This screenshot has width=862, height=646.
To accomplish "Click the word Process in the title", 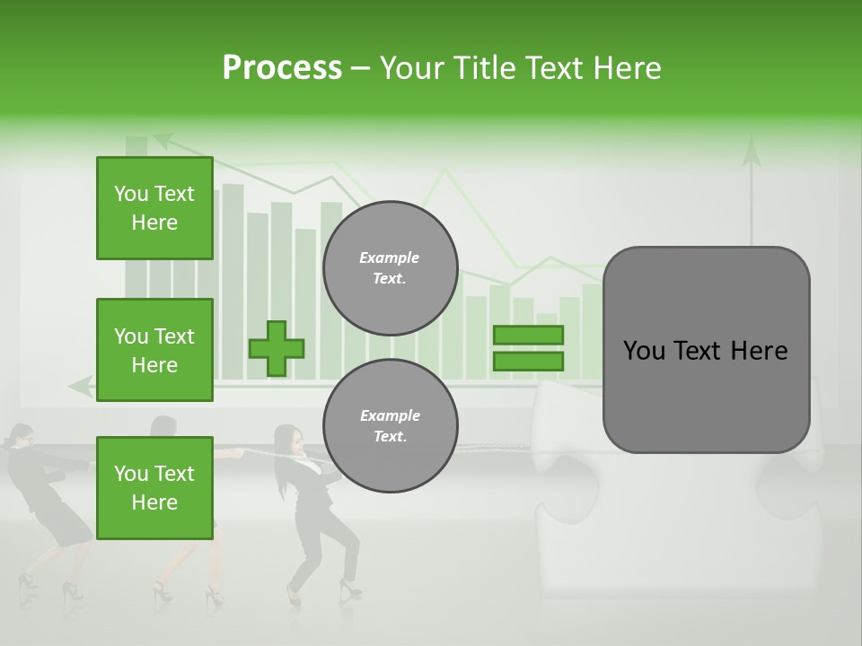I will point(282,68).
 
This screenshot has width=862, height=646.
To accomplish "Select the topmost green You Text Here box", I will point(154,208).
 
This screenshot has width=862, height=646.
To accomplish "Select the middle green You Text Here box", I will point(154,350).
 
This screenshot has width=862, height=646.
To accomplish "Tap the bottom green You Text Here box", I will point(154,488).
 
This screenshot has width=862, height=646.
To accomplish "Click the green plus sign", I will point(277,348).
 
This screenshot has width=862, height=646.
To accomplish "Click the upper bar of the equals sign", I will point(528,335).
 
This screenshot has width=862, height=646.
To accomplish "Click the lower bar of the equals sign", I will point(528,361).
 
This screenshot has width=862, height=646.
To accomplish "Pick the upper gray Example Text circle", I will point(390,268).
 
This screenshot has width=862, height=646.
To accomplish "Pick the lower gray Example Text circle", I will point(390,426).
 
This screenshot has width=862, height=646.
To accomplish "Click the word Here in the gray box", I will point(759,351).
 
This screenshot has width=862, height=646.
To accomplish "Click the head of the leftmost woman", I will point(20,435).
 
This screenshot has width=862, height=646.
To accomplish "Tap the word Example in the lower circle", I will point(390,415).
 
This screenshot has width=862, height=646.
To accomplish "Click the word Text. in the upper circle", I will point(390,279).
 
